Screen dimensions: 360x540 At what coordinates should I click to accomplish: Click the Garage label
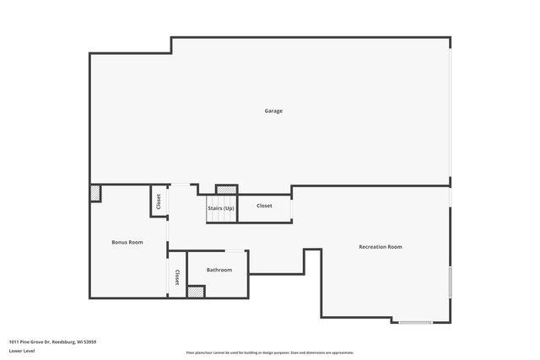click(x=273, y=111)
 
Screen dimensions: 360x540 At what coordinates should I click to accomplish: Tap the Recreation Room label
click(x=380, y=247)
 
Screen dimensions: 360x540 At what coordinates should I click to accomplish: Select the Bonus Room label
click(x=127, y=242)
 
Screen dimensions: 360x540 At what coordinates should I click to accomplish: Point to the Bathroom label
click(x=219, y=270)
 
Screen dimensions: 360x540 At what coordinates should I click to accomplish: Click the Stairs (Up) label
click(x=221, y=207)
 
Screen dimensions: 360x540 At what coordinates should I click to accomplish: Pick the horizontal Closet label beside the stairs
click(x=264, y=206)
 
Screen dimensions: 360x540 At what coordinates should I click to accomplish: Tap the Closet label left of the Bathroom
click(x=177, y=277)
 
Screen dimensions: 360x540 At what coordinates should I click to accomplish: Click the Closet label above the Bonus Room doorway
click(x=158, y=202)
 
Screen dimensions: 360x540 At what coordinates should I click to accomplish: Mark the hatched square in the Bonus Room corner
click(x=95, y=193)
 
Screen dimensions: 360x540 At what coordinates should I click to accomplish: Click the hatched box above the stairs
click(x=226, y=190)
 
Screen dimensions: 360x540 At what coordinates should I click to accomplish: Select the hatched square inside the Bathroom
click(x=196, y=292)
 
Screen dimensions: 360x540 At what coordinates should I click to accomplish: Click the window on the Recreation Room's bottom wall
click(x=415, y=322)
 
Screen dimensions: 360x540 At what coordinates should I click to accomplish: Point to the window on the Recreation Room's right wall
click(x=450, y=282)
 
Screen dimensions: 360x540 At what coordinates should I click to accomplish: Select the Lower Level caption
click(x=21, y=352)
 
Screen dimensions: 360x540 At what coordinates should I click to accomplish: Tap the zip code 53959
click(x=89, y=342)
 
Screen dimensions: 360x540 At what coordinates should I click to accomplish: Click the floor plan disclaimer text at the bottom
click(x=270, y=352)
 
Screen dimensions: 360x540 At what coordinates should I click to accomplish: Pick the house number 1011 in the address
click(x=14, y=342)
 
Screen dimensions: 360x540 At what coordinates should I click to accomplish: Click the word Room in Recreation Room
click(x=394, y=247)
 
